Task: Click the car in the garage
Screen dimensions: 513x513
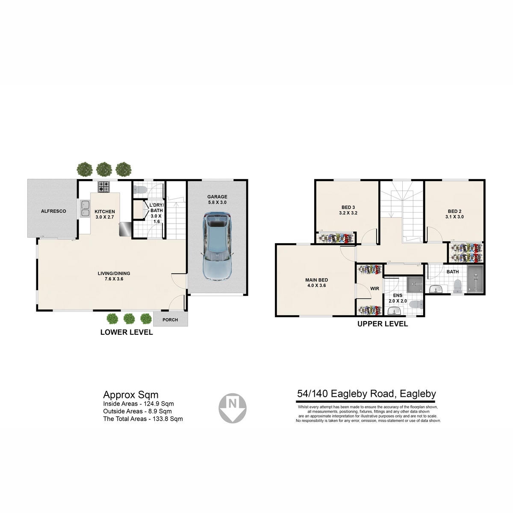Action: [217, 246]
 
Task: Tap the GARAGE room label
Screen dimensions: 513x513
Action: [217, 197]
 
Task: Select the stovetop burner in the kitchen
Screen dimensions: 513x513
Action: [103, 187]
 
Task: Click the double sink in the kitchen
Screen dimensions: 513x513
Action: [85, 209]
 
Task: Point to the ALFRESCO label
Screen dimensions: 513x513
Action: [53, 211]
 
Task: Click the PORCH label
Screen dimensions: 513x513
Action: [170, 320]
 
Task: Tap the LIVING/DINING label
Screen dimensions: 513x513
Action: [114, 273]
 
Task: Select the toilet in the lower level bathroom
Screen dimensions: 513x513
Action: [140, 190]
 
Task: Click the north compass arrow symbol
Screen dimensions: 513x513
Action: [233, 408]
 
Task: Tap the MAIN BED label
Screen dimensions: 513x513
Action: [316, 280]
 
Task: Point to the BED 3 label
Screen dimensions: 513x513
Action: [348, 207]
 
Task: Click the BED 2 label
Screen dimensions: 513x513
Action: [454, 211]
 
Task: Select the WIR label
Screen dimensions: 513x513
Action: [374, 288]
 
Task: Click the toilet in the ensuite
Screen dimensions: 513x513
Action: [416, 304]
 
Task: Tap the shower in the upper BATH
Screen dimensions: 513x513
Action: [475, 279]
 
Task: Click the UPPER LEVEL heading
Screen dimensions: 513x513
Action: [383, 324]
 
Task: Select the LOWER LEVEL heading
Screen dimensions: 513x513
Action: [127, 332]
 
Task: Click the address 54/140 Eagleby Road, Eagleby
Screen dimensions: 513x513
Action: [366, 393]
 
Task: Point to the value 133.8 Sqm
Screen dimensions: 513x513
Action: [168, 419]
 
